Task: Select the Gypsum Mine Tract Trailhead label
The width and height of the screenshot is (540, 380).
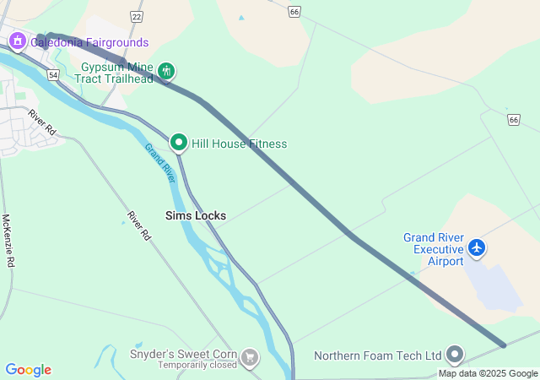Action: (117, 73)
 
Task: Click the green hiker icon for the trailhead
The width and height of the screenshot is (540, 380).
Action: (167, 72)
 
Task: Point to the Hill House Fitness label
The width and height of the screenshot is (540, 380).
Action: (240, 144)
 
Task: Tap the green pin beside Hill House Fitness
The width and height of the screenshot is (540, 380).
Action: (179, 143)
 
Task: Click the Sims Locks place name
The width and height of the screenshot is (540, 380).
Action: (196, 215)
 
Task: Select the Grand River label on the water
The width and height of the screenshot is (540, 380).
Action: (159, 163)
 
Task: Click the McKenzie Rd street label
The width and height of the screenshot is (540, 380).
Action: (8, 241)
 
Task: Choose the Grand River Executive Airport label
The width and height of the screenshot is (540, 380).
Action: (433, 249)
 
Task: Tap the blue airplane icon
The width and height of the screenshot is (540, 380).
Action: (478, 248)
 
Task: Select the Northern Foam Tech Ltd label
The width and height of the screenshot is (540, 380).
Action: (378, 356)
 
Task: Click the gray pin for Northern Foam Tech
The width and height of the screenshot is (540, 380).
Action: (456, 355)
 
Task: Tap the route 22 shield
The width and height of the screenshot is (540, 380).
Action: (137, 16)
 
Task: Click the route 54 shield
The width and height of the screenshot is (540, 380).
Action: (53, 75)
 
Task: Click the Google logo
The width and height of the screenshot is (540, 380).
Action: (28, 370)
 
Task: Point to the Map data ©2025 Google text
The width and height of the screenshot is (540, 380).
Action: (488, 374)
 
